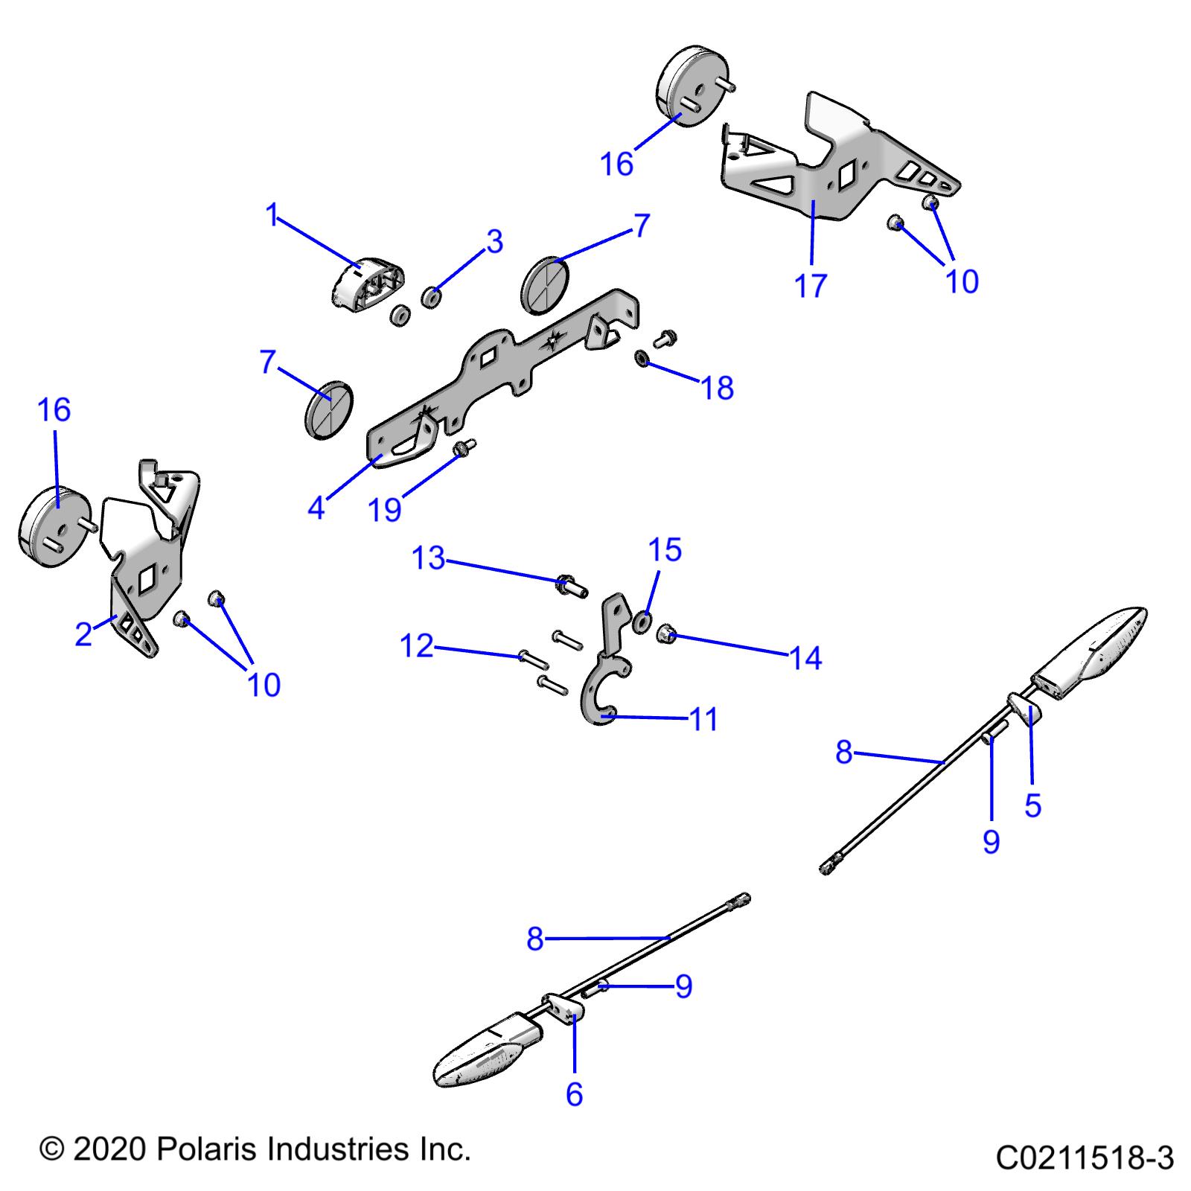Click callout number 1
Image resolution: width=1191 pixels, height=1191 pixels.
click(272, 215)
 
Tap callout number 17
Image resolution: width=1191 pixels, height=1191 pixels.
click(811, 285)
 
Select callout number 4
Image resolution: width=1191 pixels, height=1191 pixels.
click(316, 508)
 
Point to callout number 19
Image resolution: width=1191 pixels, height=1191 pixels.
click(385, 510)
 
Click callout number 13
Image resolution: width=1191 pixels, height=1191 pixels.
click(428, 558)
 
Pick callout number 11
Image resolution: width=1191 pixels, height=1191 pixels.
click(704, 720)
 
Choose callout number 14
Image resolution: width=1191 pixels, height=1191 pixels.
click(806, 658)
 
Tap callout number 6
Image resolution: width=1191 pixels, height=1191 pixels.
click(574, 1094)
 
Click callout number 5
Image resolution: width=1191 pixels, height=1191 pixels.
click(1032, 805)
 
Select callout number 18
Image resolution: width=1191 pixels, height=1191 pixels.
click(718, 388)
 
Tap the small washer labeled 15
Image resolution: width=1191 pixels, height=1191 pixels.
click(642, 621)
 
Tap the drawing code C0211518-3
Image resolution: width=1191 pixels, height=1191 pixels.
click(1085, 1158)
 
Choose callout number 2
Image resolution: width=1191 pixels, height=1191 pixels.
click(83, 634)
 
